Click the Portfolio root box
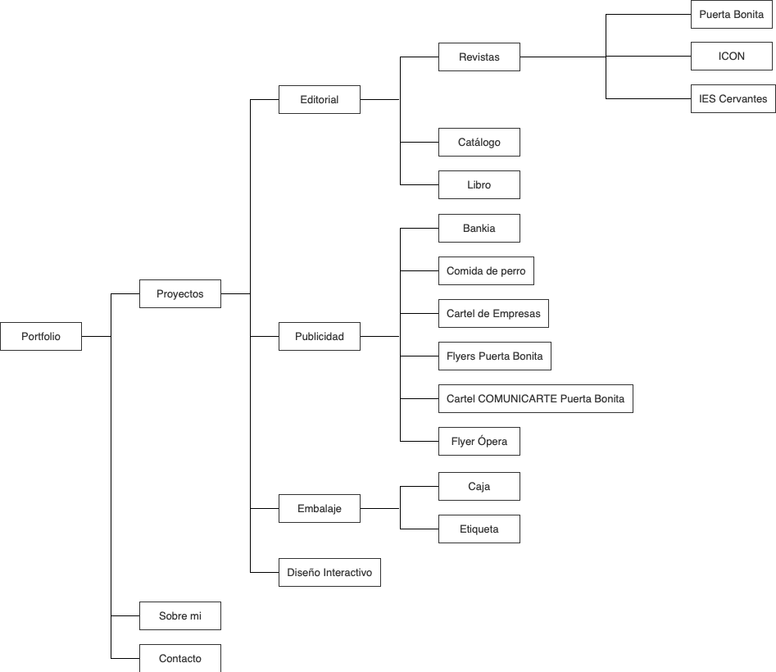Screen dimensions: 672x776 click(41, 336)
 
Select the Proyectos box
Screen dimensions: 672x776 click(180, 293)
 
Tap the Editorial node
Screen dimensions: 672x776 click(319, 99)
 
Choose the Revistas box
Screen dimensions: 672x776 click(479, 57)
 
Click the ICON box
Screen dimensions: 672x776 click(731, 57)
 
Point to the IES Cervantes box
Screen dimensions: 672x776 click(733, 99)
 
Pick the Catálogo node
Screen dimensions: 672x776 click(479, 142)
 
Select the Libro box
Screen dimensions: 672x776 click(479, 184)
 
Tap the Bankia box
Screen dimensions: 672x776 click(479, 228)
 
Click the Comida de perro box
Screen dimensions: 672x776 click(486, 270)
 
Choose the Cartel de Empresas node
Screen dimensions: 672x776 click(493, 313)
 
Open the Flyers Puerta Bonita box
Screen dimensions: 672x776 click(494, 356)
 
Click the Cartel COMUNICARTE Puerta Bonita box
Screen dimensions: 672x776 click(535, 399)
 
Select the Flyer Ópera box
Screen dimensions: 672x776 click(479, 441)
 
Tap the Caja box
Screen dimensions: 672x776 click(479, 486)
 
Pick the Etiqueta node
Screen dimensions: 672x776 click(479, 529)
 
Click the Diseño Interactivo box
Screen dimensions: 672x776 click(329, 572)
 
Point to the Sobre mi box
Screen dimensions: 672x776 click(180, 615)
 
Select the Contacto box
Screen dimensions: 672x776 click(180, 658)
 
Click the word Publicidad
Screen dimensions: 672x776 click(319, 336)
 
